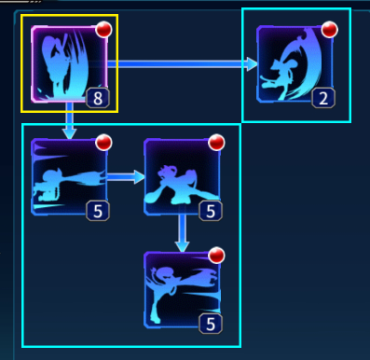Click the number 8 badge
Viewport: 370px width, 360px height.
98,98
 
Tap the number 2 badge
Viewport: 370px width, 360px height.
323,98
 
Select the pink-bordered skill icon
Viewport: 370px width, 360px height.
70,64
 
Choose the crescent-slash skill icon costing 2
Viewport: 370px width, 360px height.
295,64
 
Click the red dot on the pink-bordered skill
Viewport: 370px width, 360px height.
103,30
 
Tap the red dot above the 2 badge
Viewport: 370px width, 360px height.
329,30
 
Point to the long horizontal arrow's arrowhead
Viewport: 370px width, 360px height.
252,64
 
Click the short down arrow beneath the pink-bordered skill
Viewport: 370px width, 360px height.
70,120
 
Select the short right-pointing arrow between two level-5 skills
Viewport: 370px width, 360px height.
126,177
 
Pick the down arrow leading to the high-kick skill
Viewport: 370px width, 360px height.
183,233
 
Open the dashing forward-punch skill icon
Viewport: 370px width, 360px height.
70,177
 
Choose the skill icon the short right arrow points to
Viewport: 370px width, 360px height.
183,177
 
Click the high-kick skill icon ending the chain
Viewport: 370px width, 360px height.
183,290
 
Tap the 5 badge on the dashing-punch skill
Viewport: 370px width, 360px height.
98,211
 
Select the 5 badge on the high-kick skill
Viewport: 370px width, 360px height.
211,324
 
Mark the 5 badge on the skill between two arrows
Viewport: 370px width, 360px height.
211,211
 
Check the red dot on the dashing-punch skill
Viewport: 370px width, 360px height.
103,143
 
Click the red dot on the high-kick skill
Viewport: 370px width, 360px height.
216,256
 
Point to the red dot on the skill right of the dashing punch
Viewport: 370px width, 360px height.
216,143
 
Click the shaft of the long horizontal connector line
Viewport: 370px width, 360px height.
177,64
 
